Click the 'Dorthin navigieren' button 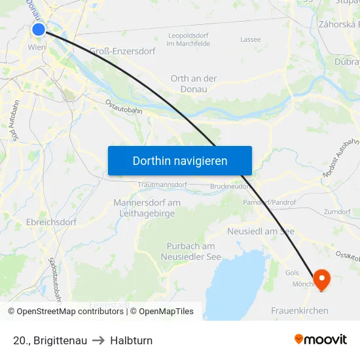180,160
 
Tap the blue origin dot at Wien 39,29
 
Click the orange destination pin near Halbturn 322,279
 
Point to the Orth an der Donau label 194,84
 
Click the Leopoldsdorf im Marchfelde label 189,39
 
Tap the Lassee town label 251,39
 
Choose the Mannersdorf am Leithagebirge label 147,207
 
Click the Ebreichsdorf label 52,222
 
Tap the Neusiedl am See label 261,232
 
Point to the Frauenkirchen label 300,310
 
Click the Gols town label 292,272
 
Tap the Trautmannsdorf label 162,185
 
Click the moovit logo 321,340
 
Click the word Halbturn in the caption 132,340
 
